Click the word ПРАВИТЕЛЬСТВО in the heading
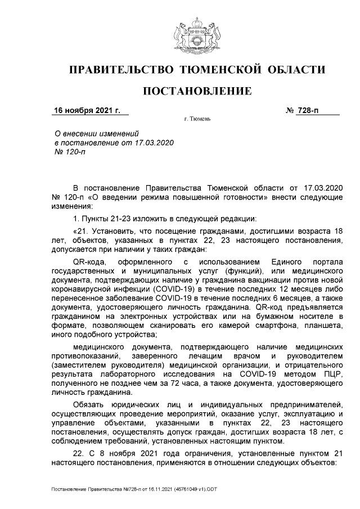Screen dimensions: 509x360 coord(120,70)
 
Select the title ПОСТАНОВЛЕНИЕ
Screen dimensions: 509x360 coord(196,91)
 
